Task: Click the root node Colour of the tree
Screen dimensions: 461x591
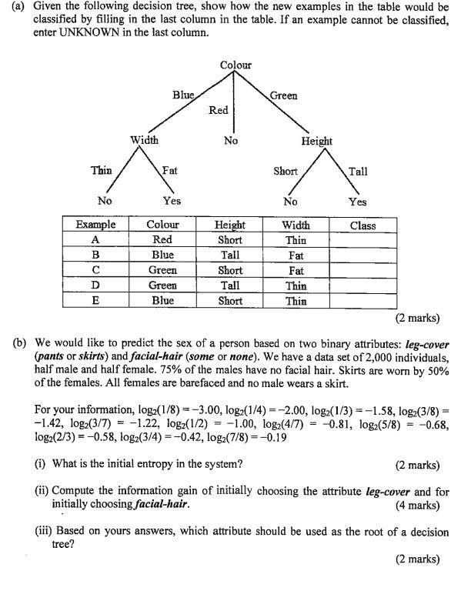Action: (235, 65)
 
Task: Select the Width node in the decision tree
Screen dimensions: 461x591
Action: (144, 140)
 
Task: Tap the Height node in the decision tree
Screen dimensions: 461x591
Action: (316, 141)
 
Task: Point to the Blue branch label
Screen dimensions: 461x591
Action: (183, 95)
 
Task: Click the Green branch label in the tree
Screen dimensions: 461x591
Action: (283, 95)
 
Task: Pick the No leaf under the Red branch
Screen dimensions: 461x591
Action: (230, 141)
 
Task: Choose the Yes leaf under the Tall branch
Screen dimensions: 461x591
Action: (356, 202)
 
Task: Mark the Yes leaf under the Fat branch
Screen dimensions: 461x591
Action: (172, 202)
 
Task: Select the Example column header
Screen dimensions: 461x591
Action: (96, 225)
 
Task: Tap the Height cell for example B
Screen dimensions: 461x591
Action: (230, 255)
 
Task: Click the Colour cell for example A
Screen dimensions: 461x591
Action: (162, 240)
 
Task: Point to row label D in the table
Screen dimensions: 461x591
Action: (96, 285)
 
